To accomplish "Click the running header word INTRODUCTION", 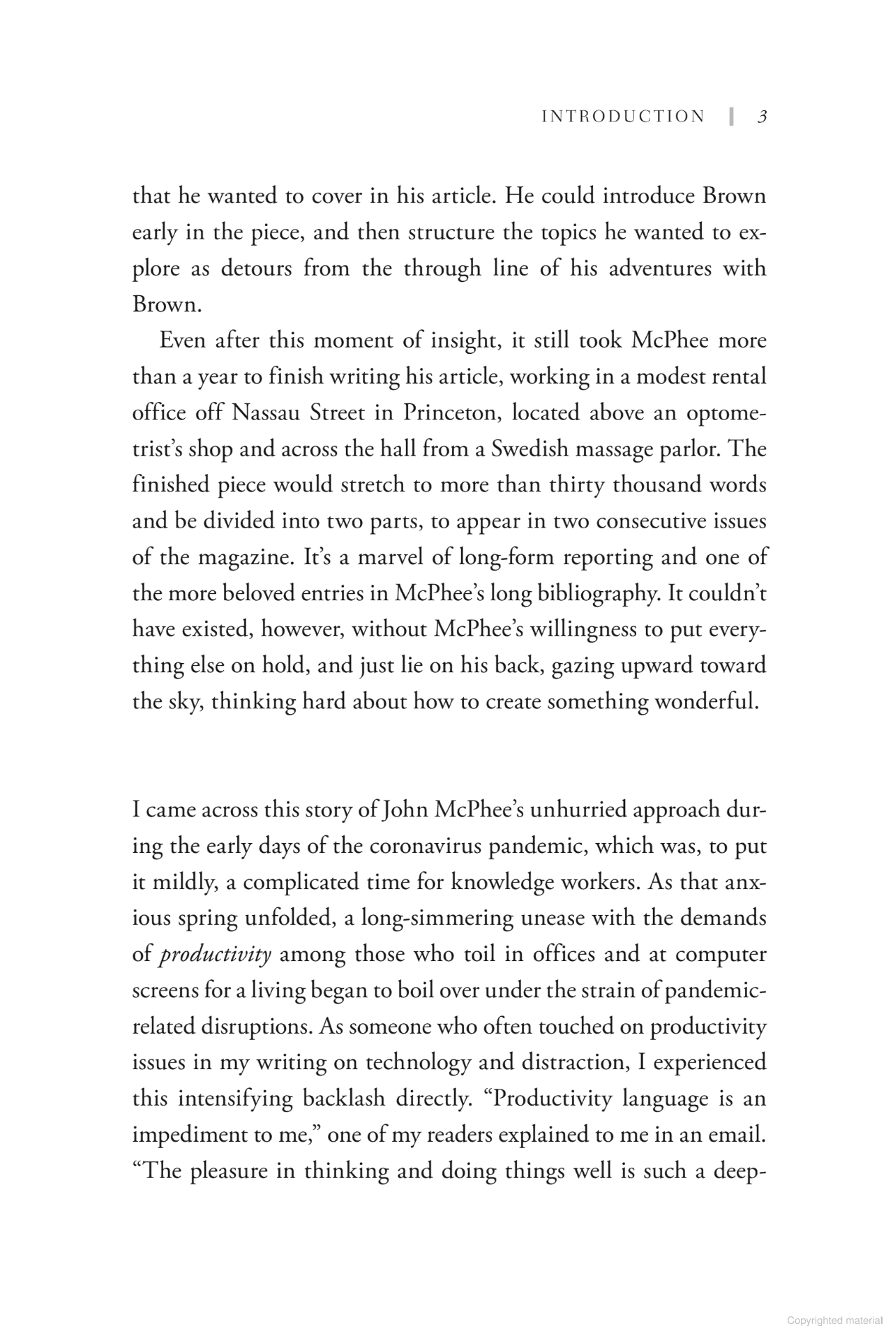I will pos(623,117).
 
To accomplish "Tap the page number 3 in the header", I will pos(762,117).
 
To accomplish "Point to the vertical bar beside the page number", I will pos(731,117).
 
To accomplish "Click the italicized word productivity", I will pos(215,954).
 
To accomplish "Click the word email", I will pos(734,1135).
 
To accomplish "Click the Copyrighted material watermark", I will pos(834,1320).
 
